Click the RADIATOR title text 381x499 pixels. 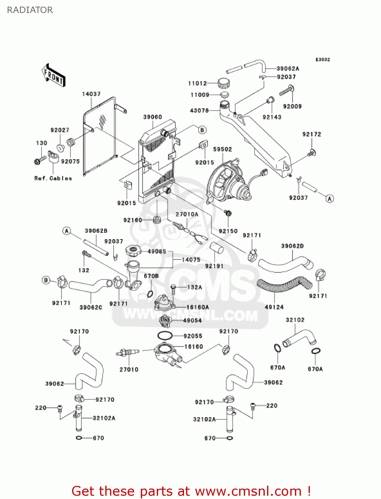coord(30,10)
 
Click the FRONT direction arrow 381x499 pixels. coord(53,76)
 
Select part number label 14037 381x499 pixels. coord(91,94)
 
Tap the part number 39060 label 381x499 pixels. coord(152,117)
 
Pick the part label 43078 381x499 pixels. coord(199,110)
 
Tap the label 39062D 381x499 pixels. coord(292,246)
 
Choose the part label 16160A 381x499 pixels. coord(198,307)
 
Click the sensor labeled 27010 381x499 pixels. coord(127,353)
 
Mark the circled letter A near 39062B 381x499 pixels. coord(67,231)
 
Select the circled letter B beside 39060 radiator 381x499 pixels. coord(202,130)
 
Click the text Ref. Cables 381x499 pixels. coord(53,178)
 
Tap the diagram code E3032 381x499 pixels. coord(323,60)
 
